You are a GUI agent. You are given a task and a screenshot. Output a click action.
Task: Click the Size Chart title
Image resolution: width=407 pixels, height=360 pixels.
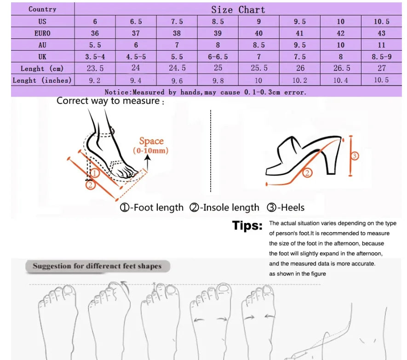(238, 10)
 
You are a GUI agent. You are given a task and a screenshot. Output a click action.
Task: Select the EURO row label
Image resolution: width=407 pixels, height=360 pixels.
(42, 33)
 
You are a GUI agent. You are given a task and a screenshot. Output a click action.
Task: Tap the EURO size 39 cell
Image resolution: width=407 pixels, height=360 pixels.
(218, 33)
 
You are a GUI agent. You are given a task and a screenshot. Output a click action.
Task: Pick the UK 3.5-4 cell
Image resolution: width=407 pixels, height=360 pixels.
(95, 57)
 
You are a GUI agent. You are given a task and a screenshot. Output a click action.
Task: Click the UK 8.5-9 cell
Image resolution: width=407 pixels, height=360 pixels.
(381, 57)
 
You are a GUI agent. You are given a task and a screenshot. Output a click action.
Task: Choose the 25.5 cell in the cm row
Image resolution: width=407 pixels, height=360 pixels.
(258, 68)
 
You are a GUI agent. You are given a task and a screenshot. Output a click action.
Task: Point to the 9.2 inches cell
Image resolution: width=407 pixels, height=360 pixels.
(95, 80)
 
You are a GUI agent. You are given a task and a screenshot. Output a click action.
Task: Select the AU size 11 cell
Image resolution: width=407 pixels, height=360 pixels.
(381, 45)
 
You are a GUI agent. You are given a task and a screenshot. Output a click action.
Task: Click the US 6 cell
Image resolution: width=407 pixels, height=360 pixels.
(95, 22)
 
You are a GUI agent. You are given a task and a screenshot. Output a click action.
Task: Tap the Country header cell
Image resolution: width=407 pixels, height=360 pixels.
(42, 9)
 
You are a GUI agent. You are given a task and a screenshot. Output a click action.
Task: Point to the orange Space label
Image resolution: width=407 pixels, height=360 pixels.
(151, 141)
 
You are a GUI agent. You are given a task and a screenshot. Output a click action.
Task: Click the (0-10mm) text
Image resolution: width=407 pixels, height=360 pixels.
(151, 151)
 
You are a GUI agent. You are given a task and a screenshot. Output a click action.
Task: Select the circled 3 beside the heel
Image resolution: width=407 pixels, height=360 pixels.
(354, 156)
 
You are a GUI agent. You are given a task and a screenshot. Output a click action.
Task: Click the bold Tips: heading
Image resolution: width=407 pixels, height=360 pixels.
(247, 226)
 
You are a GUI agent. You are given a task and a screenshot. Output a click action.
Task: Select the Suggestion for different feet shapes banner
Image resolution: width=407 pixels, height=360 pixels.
(97, 266)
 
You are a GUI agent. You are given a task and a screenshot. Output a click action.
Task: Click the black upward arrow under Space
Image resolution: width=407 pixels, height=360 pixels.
(149, 162)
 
